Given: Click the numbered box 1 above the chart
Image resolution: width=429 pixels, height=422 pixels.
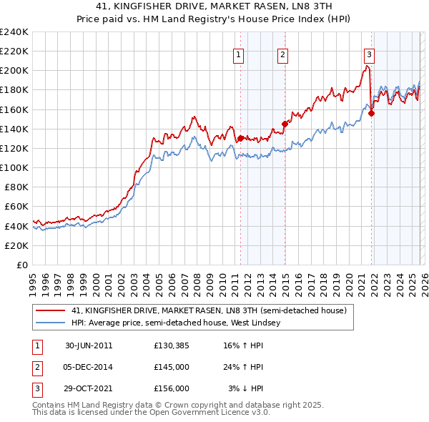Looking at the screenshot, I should (237, 54).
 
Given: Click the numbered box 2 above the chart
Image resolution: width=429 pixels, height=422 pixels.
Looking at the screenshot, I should (282, 54).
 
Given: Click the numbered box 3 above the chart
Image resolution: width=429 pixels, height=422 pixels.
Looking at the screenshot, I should (369, 54).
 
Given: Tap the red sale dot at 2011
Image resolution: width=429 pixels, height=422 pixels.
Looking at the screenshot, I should (240, 138).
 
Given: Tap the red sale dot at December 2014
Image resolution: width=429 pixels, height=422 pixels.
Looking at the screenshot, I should (285, 124).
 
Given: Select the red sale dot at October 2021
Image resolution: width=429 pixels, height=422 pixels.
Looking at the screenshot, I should (372, 113).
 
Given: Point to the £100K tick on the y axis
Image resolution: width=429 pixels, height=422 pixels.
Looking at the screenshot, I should (14, 167).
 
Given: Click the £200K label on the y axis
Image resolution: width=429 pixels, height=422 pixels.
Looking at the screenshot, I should (14, 71).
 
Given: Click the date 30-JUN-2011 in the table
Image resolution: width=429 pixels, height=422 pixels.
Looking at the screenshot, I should (89, 345).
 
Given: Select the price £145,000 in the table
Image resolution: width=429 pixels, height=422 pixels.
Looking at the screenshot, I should (171, 367).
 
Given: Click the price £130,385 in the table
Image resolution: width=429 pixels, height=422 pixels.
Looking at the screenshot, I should (171, 345).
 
